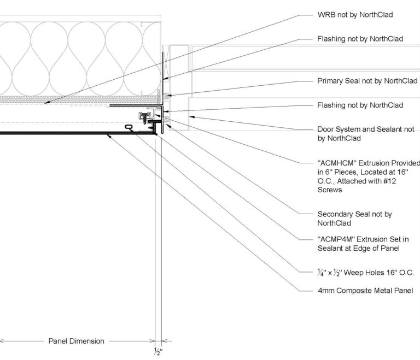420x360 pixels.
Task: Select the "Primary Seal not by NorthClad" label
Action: tap(367, 81)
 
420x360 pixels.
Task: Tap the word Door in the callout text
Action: tap(326, 129)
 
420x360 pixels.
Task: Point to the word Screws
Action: tap(330, 190)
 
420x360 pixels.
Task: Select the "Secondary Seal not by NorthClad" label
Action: tap(354, 219)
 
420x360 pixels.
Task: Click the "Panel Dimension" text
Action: tap(76, 341)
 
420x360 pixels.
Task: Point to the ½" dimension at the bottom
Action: tap(158, 351)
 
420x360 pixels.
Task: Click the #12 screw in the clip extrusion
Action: tap(146, 116)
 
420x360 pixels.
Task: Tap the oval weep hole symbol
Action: tap(129, 127)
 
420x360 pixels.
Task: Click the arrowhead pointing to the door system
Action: tap(190, 116)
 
